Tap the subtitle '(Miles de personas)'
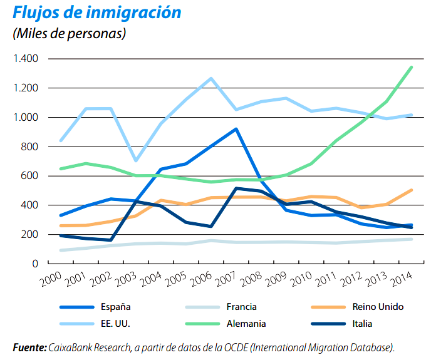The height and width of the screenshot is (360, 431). [x=69, y=33]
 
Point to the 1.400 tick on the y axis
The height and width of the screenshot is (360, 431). [x=26, y=59]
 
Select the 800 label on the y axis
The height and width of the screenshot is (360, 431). [x=30, y=147]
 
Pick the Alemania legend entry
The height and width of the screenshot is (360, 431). [x=244, y=324]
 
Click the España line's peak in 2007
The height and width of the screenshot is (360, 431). [x=236, y=129]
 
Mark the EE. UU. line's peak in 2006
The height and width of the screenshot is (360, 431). [x=211, y=78]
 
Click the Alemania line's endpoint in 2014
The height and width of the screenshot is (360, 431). [x=412, y=67]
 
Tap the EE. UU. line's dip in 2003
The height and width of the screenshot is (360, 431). [x=135, y=161]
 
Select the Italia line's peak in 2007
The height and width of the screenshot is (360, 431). [x=236, y=188]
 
